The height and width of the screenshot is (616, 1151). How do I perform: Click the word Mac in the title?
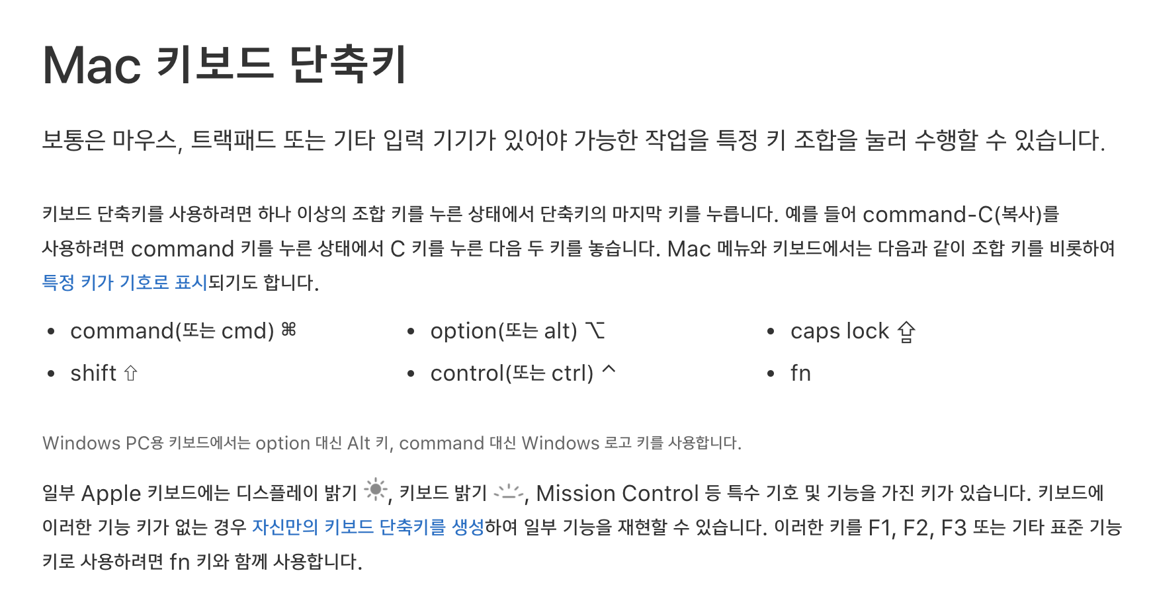coord(92,65)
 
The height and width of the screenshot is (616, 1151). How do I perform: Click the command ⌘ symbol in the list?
coord(289,329)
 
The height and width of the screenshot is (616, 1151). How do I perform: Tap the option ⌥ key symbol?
coord(595,330)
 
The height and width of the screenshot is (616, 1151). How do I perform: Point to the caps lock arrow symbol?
coord(906,331)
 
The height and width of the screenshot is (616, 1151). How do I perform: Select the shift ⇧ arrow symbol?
coord(131,373)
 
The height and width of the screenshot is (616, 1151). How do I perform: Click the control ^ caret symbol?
coord(609,370)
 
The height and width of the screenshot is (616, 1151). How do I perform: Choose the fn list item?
coord(800,373)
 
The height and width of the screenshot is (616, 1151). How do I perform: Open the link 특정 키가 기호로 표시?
coord(124,282)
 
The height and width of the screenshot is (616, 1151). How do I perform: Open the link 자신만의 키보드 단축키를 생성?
coord(368,527)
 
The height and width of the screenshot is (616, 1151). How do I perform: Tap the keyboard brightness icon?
coord(509,492)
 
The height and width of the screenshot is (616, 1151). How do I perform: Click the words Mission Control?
coord(617,493)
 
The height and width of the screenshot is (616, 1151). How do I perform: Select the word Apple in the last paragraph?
coord(111,493)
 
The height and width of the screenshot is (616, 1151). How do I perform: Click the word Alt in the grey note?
coord(359,443)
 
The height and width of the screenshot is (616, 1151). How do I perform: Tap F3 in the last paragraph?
coord(953,527)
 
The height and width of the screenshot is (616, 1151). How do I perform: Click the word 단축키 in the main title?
coord(348,65)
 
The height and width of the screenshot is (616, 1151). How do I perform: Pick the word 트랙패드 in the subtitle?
coord(233,140)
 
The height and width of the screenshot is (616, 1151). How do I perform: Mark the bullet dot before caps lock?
coord(771,332)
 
